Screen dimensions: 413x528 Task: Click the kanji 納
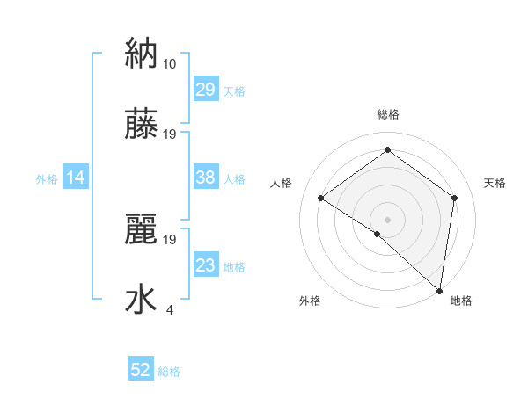point(142,54)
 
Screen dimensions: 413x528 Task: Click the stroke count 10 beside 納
point(169,64)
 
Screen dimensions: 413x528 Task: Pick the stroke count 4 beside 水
point(169,309)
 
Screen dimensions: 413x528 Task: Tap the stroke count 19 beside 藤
point(170,134)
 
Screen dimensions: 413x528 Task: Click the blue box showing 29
point(205,89)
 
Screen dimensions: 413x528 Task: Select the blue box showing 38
point(205,178)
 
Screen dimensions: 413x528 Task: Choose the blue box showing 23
point(205,264)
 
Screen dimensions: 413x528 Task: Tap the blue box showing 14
point(76,178)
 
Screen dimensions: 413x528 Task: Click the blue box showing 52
point(141,370)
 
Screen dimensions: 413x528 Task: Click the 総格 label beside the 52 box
point(169,372)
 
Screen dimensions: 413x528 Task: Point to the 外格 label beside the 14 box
point(47,179)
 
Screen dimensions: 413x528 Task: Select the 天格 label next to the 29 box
point(234,91)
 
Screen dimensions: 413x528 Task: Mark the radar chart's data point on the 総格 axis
point(387,150)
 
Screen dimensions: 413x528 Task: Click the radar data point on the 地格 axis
point(440,290)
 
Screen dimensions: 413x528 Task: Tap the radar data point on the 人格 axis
point(321,198)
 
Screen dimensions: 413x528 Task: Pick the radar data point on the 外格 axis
point(378,233)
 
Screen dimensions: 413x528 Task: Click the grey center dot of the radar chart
point(387,219)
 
